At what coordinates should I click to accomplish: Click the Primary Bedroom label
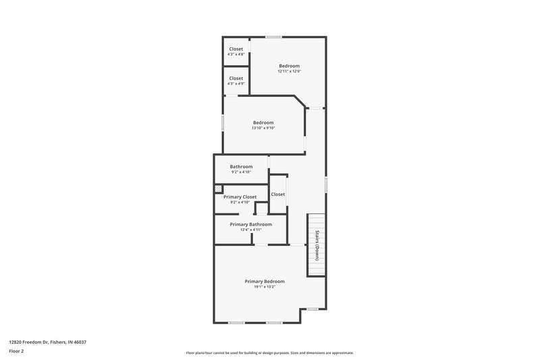click(x=264, y=281)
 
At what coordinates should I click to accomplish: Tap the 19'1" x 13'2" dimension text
click(x=264, y=287)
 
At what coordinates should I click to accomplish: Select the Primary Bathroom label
click(x=250, y=224)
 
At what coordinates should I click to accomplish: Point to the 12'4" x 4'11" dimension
click(x=250, y=230)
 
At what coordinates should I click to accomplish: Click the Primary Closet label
click(x=240, y=197)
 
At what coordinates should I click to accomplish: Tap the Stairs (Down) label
click(x=317, y=246)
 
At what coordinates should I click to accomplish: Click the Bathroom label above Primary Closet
click(x=241, y=167)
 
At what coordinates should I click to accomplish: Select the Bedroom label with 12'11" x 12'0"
click(x=289, y=66)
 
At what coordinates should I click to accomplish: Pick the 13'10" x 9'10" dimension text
click(x=263, y=128)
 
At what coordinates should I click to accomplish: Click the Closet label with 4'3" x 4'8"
click(x=236, y=49)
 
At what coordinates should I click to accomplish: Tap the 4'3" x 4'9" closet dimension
click(x=236, y=84)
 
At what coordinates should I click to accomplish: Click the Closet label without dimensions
click(x=277, y=195)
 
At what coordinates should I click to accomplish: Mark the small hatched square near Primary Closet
click(x=218, y=189)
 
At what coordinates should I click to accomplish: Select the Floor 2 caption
click(x=17, y=351)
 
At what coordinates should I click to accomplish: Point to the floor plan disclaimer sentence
click(x=269, y=353)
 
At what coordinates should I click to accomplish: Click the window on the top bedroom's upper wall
click(x=273, y=36)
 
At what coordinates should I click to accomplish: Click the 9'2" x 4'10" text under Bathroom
click(x=241, y=172)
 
